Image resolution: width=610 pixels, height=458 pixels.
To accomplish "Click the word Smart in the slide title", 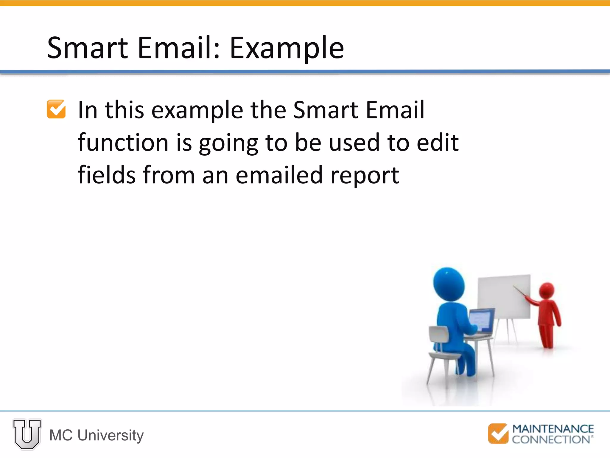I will [88, 48].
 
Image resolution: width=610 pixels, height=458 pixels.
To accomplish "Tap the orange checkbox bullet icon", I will [56, 109].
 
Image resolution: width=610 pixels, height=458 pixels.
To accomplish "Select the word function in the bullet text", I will [123, 143].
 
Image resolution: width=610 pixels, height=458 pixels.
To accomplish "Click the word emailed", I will [279, 175].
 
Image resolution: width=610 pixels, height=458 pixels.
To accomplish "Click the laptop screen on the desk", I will [480, 319].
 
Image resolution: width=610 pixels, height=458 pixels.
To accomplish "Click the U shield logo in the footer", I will [27, 434].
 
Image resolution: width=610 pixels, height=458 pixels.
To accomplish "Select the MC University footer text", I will [96, 435].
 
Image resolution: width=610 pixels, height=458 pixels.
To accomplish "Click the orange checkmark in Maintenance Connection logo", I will [498, 433].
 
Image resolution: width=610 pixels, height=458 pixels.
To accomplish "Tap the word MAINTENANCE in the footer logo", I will [553, 429].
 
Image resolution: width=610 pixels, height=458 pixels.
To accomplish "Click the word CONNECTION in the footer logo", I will [551, 440].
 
